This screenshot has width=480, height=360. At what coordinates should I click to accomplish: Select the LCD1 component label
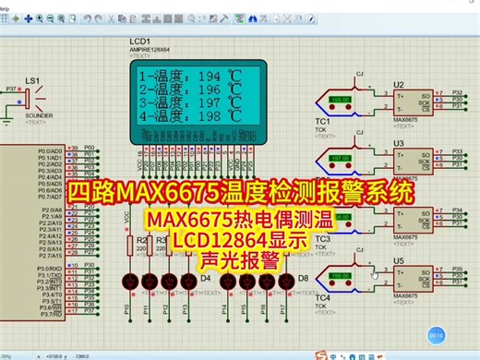pos(142,42)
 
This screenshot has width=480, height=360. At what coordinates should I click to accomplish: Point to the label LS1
pos(32,80)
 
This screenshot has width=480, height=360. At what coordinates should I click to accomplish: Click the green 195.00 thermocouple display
pos(340,100)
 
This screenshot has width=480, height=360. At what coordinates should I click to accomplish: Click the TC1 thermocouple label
pos(322,121)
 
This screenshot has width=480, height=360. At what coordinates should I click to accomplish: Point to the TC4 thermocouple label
pos(322,298)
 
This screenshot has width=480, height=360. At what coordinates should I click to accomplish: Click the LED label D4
pos(205,277)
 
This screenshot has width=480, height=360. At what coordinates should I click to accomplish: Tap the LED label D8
pos(302,277)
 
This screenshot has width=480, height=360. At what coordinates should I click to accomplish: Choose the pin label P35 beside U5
pos(458,270)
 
